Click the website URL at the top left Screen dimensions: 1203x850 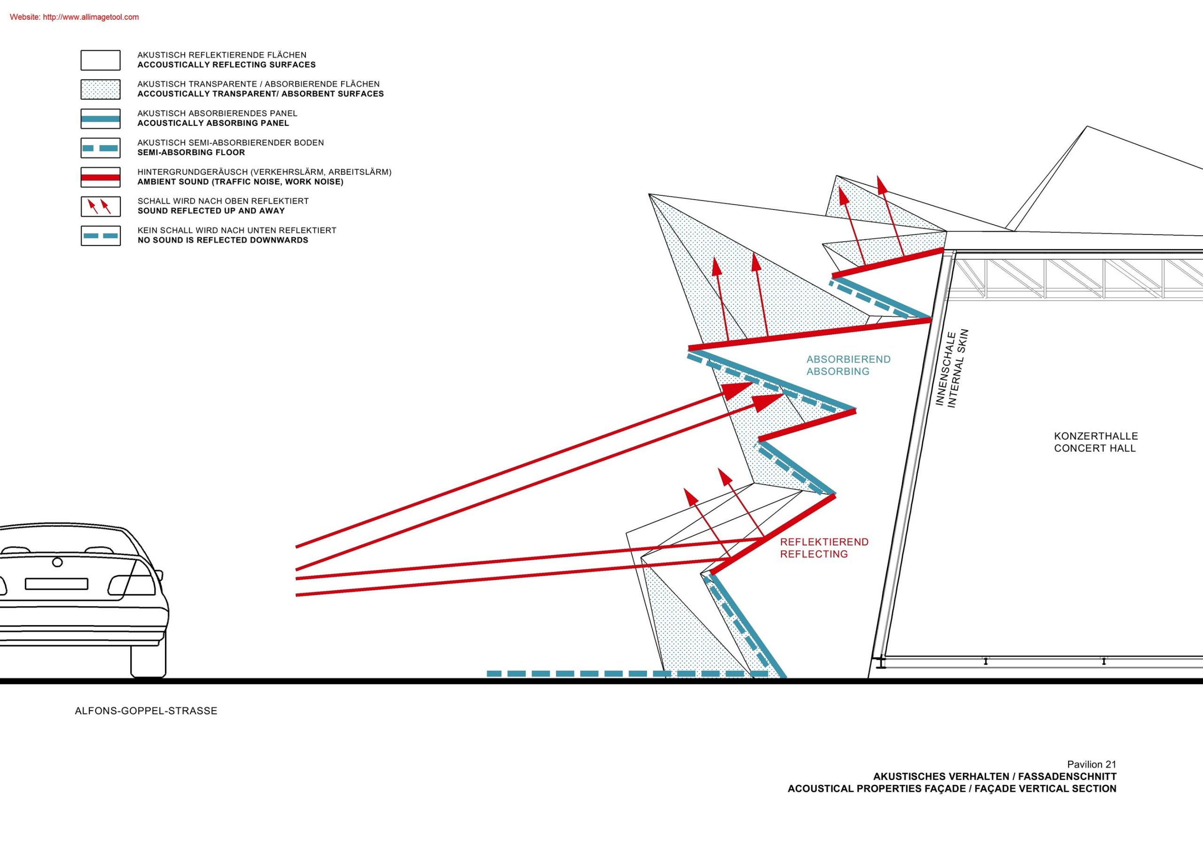tap(74, 17)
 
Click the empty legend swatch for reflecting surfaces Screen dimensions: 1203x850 tap(100, 60)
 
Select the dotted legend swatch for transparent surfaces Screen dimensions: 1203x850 tap(100, 90)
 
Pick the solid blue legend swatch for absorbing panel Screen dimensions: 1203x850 tap(100, 119)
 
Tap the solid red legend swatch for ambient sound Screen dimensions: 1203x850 tap(100, 178)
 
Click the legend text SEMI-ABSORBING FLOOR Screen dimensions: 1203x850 tap(191, 153)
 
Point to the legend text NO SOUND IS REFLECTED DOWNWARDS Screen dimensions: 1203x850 tap(223, 240)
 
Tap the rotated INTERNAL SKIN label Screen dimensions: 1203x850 tap(959, 368)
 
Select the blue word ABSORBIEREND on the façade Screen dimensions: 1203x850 tap(848, 359)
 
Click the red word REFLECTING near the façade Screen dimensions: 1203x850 tap(814, 554)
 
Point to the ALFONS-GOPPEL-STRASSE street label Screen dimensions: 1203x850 tap(146, 711)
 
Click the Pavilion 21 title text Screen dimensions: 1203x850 tap(1092, 765)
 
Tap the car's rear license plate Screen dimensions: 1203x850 tap(56, 583)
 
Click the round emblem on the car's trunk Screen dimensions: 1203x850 tap(58, 563)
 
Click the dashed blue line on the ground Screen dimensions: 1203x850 tap(628, 674)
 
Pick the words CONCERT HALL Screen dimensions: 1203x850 tap(1095, 448)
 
